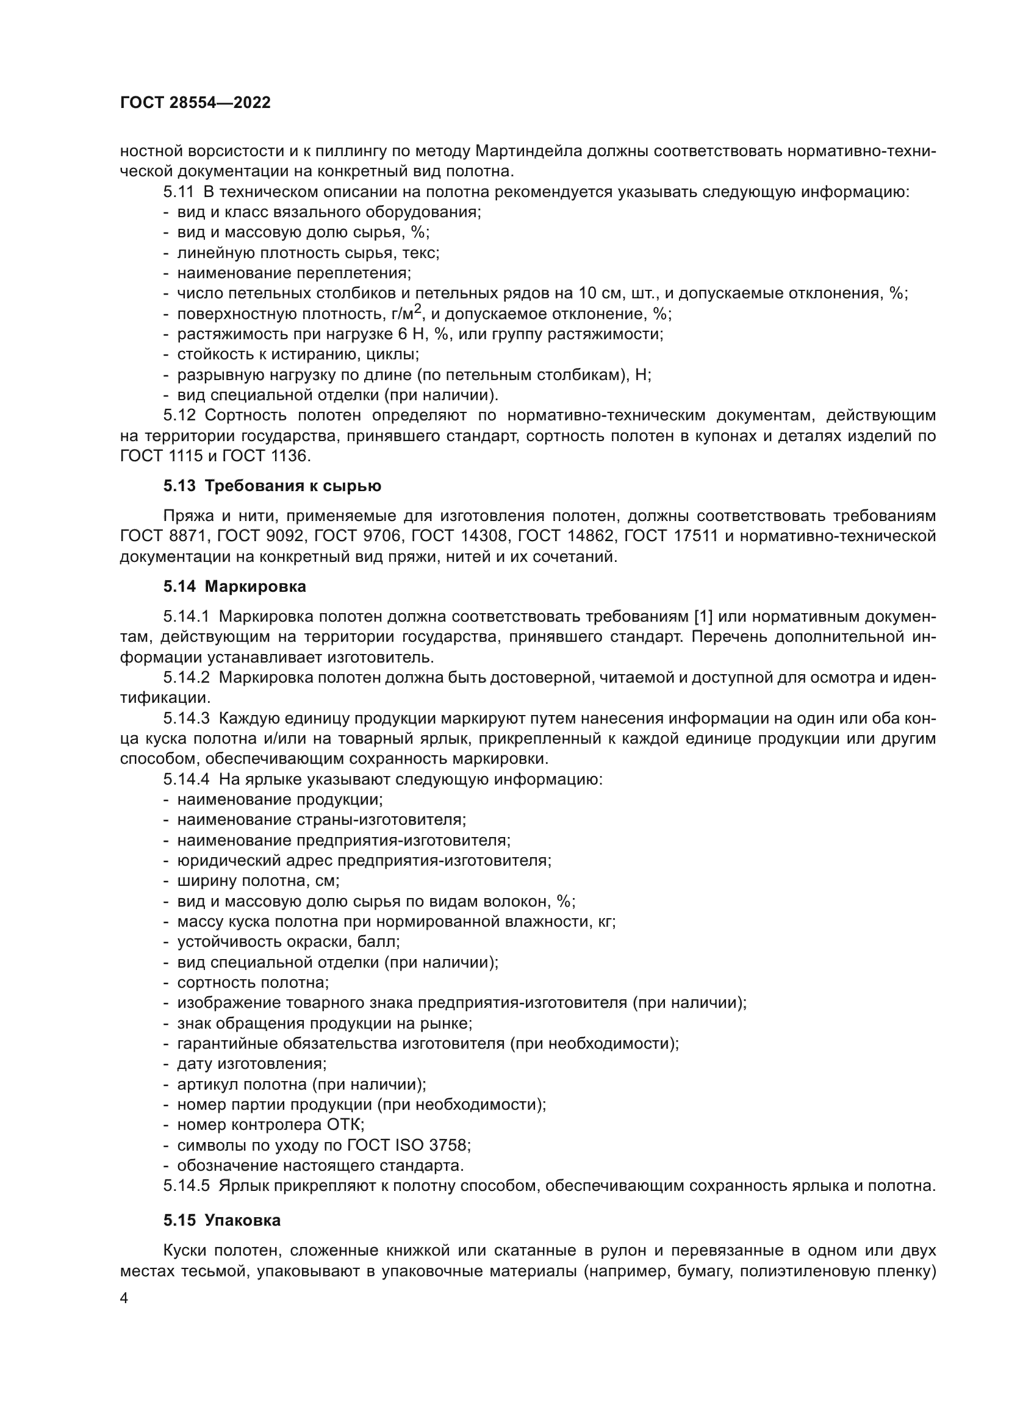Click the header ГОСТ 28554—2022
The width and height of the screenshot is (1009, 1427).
[195, 103]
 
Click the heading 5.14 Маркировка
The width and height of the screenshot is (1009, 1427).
[235, 586]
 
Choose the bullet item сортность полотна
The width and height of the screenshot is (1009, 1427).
[253, 983]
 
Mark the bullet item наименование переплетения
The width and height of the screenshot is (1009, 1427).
[294, 273]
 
